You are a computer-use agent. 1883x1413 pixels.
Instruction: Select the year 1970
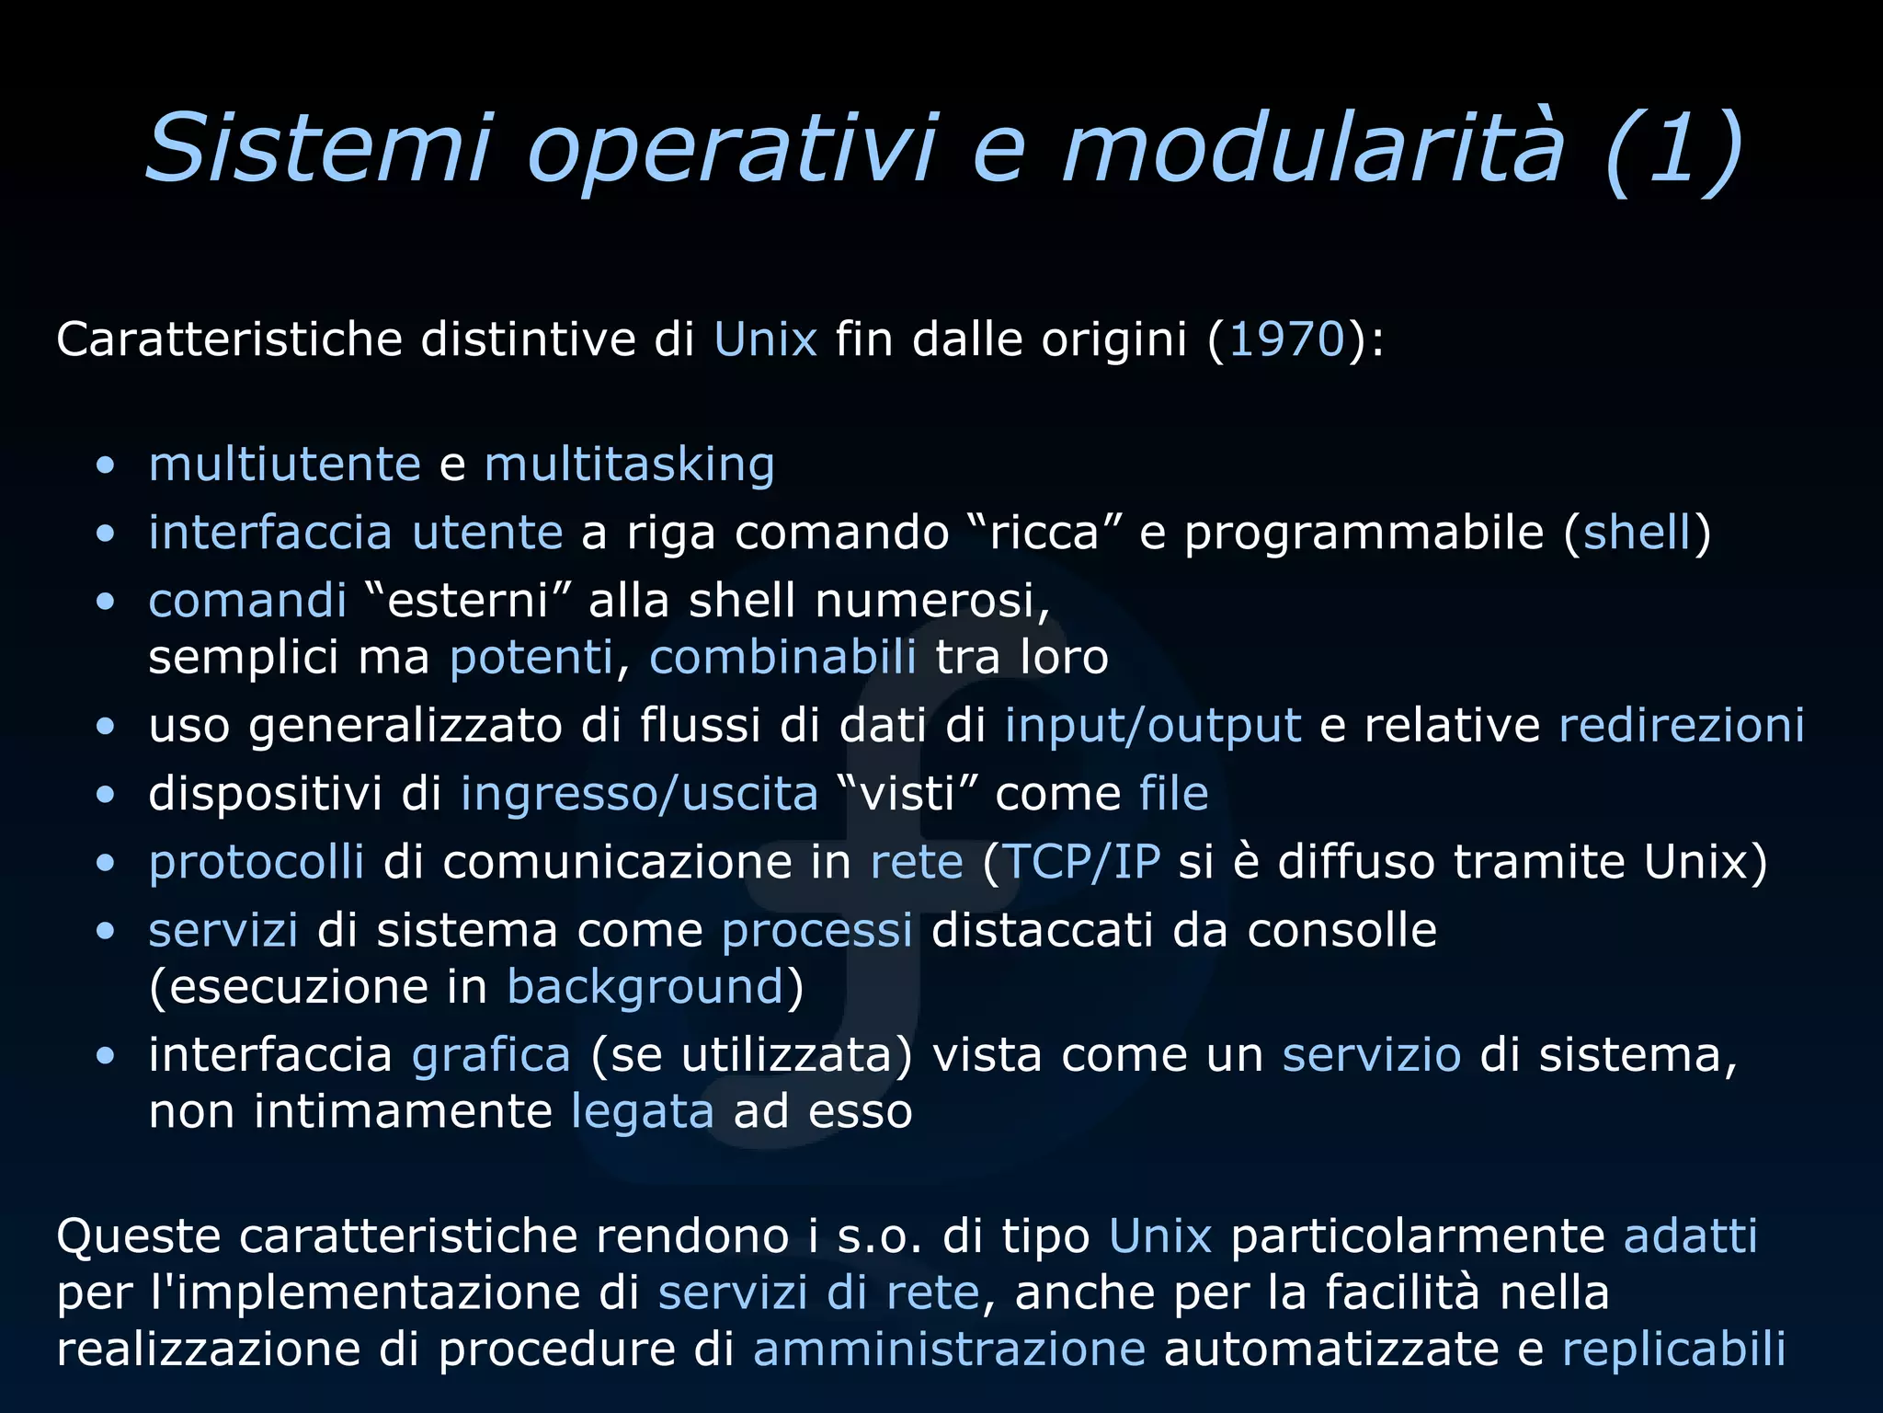(x=1287, y=339)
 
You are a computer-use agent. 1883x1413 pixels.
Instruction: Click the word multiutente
(x=285, y=464)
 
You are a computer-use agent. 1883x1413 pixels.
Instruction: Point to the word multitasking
(x=629, y=465)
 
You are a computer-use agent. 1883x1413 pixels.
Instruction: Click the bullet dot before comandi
(x=106, y=603)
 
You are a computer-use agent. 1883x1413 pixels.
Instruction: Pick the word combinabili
(x=782, y=658)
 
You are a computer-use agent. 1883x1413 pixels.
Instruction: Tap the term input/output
(x=1153, y=727)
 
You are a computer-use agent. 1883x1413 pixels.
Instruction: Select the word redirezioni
(x=1682, y=725)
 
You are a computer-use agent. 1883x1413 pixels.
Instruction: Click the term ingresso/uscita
(x=639, y=794)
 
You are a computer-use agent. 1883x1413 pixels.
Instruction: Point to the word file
(x=1173, y=793)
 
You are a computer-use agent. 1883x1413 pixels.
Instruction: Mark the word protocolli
(x=257, y=863)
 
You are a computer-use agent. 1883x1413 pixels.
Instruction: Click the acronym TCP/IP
(x=1081, y=862)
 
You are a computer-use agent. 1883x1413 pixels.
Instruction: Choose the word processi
(x=816, y=931)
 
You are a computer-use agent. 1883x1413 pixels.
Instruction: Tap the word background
(x=645, y=988)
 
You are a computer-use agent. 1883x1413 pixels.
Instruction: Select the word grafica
(x=491, y=1055)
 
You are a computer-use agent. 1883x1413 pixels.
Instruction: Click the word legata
(x=643, y=1112)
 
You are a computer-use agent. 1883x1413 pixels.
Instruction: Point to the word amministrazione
(x=949, y=1350)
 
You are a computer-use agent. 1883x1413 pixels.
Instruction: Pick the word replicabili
(x=1673, y=1350)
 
